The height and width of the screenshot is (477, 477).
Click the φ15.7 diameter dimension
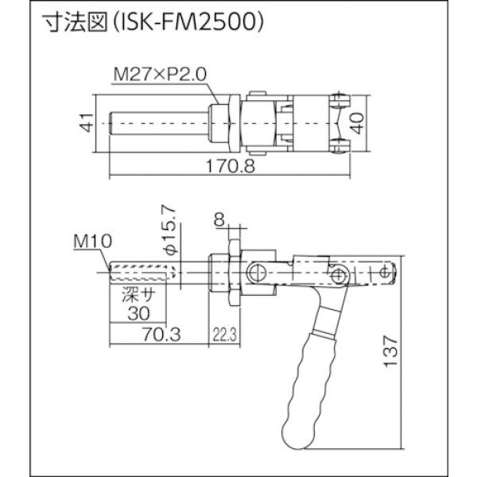pyautogui.click(x=168, y=238)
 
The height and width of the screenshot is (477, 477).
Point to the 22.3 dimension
pyautogui.click(x=224, y=335)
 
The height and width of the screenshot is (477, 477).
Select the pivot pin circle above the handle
pyautogui.click(x=341, y=275)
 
